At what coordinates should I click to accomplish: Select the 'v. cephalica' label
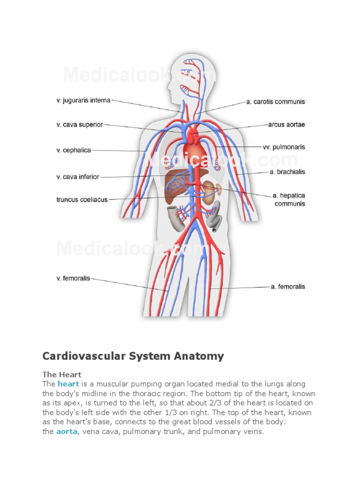(x=74, y=150)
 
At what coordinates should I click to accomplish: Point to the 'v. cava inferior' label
(x=78, y=177)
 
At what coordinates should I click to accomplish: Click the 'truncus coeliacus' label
(x=82, y=199)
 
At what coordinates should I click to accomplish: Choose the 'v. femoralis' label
(x=73, y=278)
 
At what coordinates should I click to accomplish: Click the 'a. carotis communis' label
(x=276, y=101)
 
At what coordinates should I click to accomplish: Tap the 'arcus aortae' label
(x=286, y=125)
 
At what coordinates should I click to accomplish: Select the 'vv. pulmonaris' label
(x=284, y=147)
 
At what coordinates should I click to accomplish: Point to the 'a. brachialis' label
(x=287, y=172)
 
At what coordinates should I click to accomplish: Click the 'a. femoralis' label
(x=287, y=286)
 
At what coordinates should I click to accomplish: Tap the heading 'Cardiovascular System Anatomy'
(x=133, y=356)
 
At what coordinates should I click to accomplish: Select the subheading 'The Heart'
(x=62, y=375)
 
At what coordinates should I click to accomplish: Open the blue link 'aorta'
(x=66, y=431)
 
